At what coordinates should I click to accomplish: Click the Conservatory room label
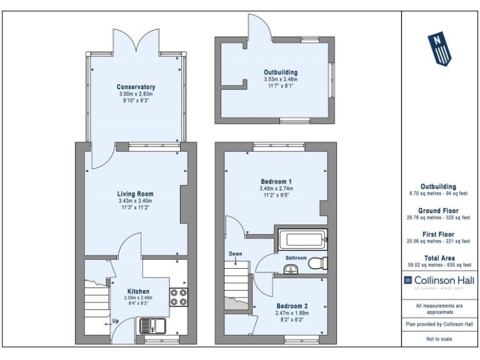[136, 87]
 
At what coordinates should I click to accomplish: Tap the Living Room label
[136, 194]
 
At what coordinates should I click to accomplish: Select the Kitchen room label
[138, 291]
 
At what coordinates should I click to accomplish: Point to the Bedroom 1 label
[276, 181]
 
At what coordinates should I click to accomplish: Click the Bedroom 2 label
[291, 306]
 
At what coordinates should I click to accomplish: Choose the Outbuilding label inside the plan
[280, 72]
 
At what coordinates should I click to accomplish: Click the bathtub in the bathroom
[302, 239]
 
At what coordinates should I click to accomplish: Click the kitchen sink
[149, 326]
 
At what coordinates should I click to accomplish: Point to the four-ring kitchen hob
[177, 297]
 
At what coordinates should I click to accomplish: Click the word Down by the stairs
[236, 254]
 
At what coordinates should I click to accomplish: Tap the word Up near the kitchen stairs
[115, 322]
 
